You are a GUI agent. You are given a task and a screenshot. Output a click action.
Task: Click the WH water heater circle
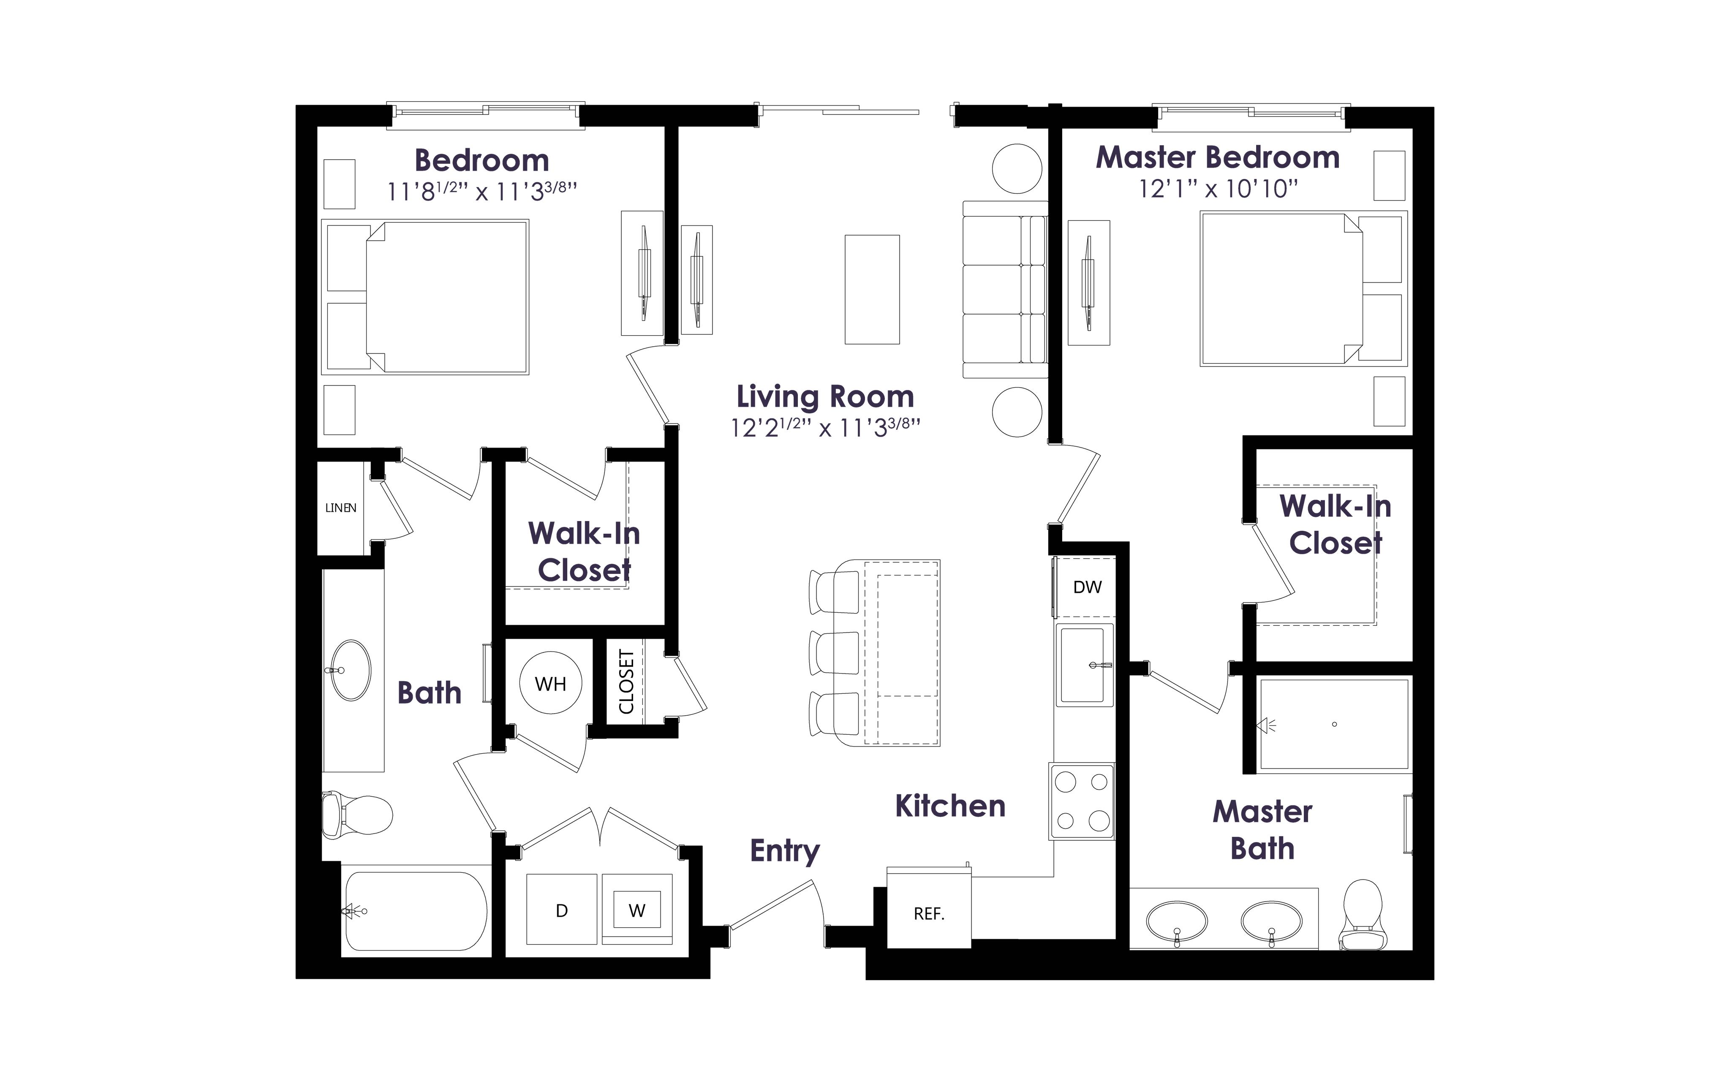tap(550, 683)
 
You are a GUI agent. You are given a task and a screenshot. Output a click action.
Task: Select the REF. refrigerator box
tap(929, 907)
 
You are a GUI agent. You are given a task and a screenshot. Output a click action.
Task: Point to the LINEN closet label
tap(340, 508)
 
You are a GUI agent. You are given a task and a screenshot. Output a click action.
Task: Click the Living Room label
tap(825, 397)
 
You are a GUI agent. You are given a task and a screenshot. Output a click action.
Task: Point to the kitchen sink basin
tap(1085, 665)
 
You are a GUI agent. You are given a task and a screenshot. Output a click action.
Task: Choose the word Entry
tap(785, 851)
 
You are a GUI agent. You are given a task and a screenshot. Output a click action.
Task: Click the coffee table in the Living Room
tap(872, 290)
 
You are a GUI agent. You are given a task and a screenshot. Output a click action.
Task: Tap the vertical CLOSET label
tap(626, 682)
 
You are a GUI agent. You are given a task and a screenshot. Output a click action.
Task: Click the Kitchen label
tap(950, 807)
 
